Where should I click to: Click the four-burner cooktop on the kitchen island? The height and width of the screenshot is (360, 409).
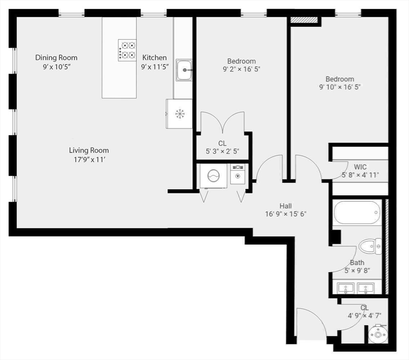126,50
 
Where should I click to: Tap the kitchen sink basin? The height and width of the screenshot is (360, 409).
184,70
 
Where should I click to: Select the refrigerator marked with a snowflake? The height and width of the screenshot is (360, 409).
180,113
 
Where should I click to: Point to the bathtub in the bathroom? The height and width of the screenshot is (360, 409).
357,213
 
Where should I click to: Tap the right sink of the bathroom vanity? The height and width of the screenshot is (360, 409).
366,288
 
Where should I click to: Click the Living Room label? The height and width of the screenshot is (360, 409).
89,150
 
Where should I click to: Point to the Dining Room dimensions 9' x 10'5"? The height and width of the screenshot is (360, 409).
56,67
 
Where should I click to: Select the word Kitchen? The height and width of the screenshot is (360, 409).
154,58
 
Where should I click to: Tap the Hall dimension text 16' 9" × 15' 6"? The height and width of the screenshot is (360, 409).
286,214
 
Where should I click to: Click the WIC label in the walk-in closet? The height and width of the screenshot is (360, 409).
360,166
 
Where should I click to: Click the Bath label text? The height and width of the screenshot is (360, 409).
357,263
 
